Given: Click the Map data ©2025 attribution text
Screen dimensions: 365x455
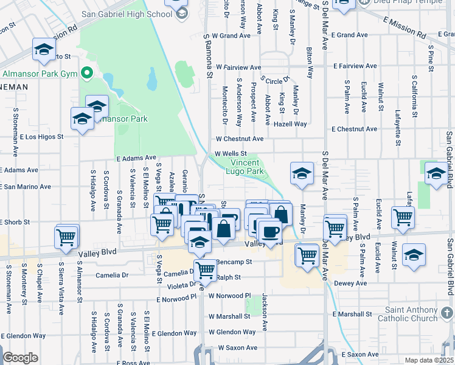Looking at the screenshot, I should click(x=429, y=360).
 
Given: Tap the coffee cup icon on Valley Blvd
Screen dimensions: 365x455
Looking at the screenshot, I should click(x=270, y=231).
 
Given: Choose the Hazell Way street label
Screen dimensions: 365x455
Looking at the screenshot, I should click(x=290, y=123).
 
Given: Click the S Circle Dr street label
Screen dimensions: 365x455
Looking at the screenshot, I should click(x=275, y=79).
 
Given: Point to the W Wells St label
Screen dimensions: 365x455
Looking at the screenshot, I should click(x=231, y=154).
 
